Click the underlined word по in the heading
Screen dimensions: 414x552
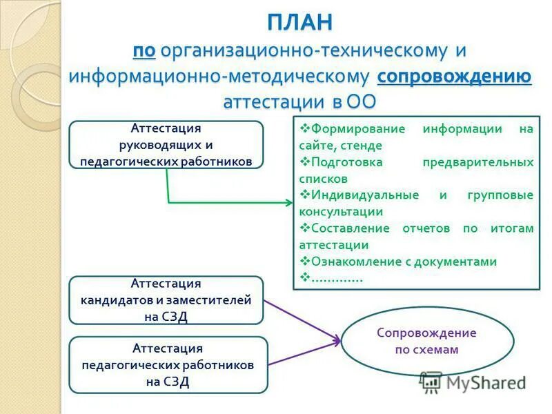145,50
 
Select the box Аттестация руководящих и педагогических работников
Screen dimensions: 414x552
166,145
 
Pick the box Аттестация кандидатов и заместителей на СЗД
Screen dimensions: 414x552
166,300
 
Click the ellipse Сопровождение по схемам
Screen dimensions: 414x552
426,341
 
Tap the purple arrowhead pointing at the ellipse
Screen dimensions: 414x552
337,339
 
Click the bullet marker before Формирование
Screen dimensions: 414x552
304,129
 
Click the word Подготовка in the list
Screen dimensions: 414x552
343,162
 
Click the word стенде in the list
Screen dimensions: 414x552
359,146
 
